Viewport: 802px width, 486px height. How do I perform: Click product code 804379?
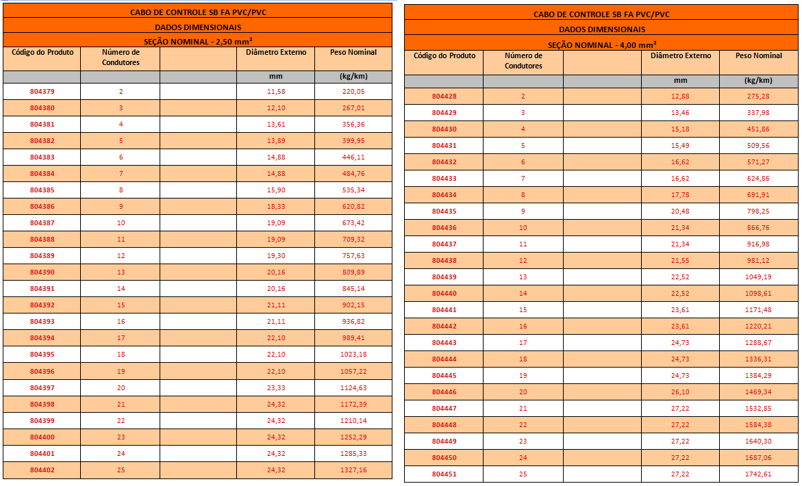[x=42, y=92]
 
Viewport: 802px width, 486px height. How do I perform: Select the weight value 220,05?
[x=353, y=92]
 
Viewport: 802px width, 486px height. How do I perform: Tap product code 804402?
[x=42, y=470]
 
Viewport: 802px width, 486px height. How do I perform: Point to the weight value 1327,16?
[x=353, y=470]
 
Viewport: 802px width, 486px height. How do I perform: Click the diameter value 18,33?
[x=276, y=207]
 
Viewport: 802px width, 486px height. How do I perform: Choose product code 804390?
[x=42, y=272]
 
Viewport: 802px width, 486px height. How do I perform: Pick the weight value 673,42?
[x=353, y=223]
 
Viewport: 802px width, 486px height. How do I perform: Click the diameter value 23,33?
[x=276, y=388]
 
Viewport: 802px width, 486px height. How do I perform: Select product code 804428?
[x=444, y=97]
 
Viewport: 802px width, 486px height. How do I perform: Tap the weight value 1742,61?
[x=758, y=474]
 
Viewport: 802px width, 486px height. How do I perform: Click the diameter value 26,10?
[x=681, y=392]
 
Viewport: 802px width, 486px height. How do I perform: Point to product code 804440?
[x=444, y=294]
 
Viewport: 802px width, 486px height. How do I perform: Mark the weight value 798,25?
[x=758, y=212]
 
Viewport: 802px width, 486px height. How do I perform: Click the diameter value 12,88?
[x=681, y=97]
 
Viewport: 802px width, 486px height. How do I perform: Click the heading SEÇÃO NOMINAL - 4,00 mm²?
[x=601, y=44]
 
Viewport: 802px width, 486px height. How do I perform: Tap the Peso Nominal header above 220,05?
[x=353, y=53]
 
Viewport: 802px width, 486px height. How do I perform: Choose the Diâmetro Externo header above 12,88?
[x=681, y=56]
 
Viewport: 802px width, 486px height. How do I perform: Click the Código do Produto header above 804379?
[x=42, y=53]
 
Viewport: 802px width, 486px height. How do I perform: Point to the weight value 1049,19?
[x=758, y=277]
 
